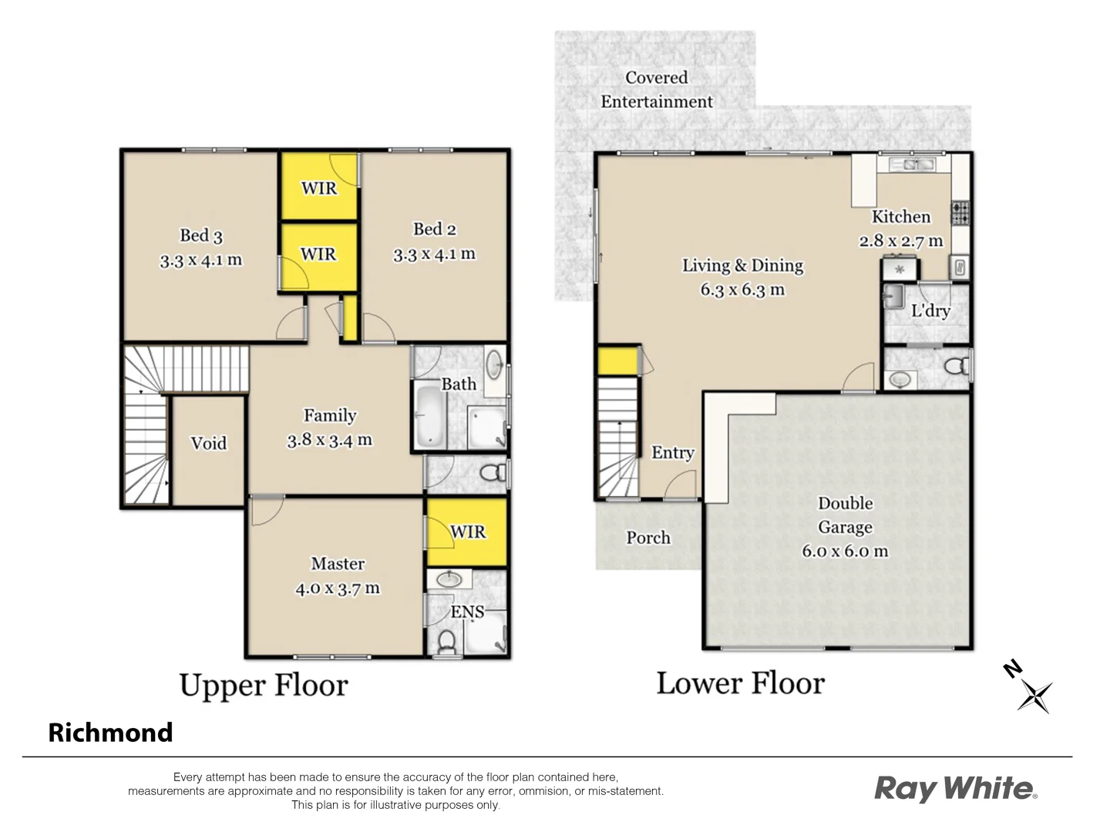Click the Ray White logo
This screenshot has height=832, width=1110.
coord(955,788)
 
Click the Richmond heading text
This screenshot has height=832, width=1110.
coord(110,732)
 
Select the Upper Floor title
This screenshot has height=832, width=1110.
coord(264,685)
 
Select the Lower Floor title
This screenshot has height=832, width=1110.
coord(740,683)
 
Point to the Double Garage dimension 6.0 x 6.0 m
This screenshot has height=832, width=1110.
coord(845,552)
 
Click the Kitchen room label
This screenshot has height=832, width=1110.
coord(900,217)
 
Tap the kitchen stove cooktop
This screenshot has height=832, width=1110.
coord(960,213)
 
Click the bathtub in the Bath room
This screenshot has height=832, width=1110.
coord(429,416)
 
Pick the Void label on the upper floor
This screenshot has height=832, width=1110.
coord(208,443)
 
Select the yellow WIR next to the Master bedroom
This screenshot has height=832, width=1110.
coord(466,532)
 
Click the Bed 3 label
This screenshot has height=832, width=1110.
coord(200,236)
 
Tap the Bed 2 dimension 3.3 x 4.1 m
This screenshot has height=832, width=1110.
coord(434,254)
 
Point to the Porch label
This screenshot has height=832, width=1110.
coord(647,538)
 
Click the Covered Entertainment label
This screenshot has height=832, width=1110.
coord(657,89)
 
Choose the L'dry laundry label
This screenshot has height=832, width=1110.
coord(930,310)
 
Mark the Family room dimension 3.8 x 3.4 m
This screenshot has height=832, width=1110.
coord(329,441)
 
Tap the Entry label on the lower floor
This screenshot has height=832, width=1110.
coord(672,453)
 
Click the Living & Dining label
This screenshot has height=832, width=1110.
coord(742,266)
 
